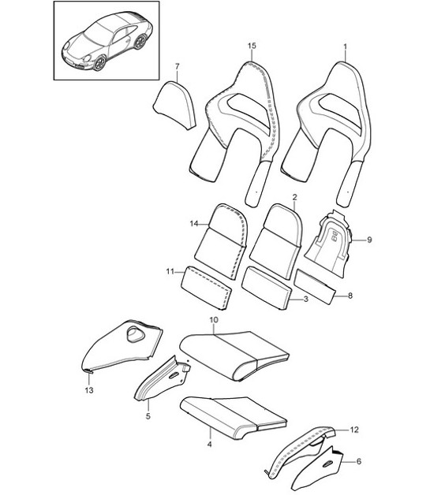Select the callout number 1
pos(346,47)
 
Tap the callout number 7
pos(178,66)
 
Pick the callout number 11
pos(170,272)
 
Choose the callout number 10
pos(213,320)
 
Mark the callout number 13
pos(89,389)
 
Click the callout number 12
pos(354,430)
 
